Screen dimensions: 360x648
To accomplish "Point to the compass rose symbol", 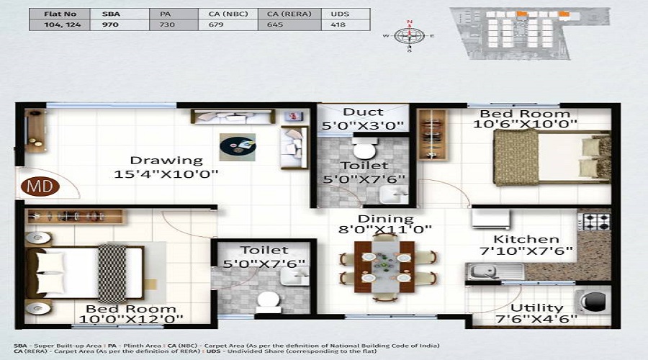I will pos(409,35).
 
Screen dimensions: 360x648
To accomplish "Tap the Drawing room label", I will pos(166,160).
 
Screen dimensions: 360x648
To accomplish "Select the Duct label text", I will pos(363,112).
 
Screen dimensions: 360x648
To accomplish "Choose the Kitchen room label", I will pos(526,239).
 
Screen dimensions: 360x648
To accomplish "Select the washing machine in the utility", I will pos(591,302).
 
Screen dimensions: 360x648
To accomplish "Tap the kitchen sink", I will pos(490,271).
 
